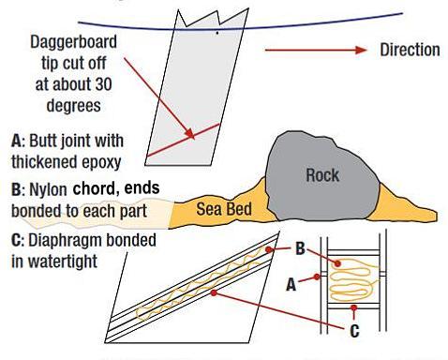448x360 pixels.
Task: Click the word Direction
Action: coord(410,50)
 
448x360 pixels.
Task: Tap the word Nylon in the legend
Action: coord(50,189)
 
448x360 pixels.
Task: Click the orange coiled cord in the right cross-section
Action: coord(351,279)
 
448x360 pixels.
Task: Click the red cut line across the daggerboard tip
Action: coord(187,131)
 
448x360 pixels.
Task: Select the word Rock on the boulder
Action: coord(322,174)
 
